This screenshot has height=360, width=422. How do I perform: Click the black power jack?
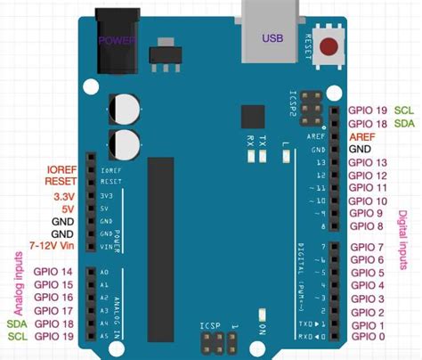117,39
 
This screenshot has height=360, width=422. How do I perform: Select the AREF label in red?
361,136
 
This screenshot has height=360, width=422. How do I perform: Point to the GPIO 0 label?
368,338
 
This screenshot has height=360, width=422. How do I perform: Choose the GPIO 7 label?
368,247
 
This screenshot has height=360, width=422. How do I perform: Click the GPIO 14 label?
53,272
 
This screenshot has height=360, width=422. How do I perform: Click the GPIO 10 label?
368,201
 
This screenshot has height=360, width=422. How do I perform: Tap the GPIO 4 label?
368,285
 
